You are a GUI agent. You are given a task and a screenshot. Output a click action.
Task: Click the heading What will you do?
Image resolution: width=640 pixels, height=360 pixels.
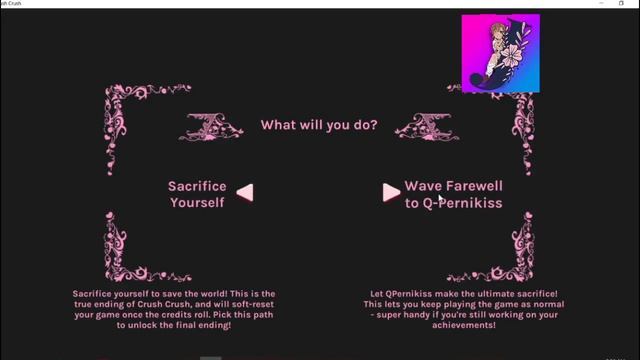point(319,125)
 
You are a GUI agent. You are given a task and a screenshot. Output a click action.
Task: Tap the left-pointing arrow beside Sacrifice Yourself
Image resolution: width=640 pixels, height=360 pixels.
point(244,192)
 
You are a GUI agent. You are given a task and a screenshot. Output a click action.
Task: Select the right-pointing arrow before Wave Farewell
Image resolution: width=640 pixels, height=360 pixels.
point(391,192)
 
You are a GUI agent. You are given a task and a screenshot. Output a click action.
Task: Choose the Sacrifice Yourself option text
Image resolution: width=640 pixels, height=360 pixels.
point(197,194)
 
